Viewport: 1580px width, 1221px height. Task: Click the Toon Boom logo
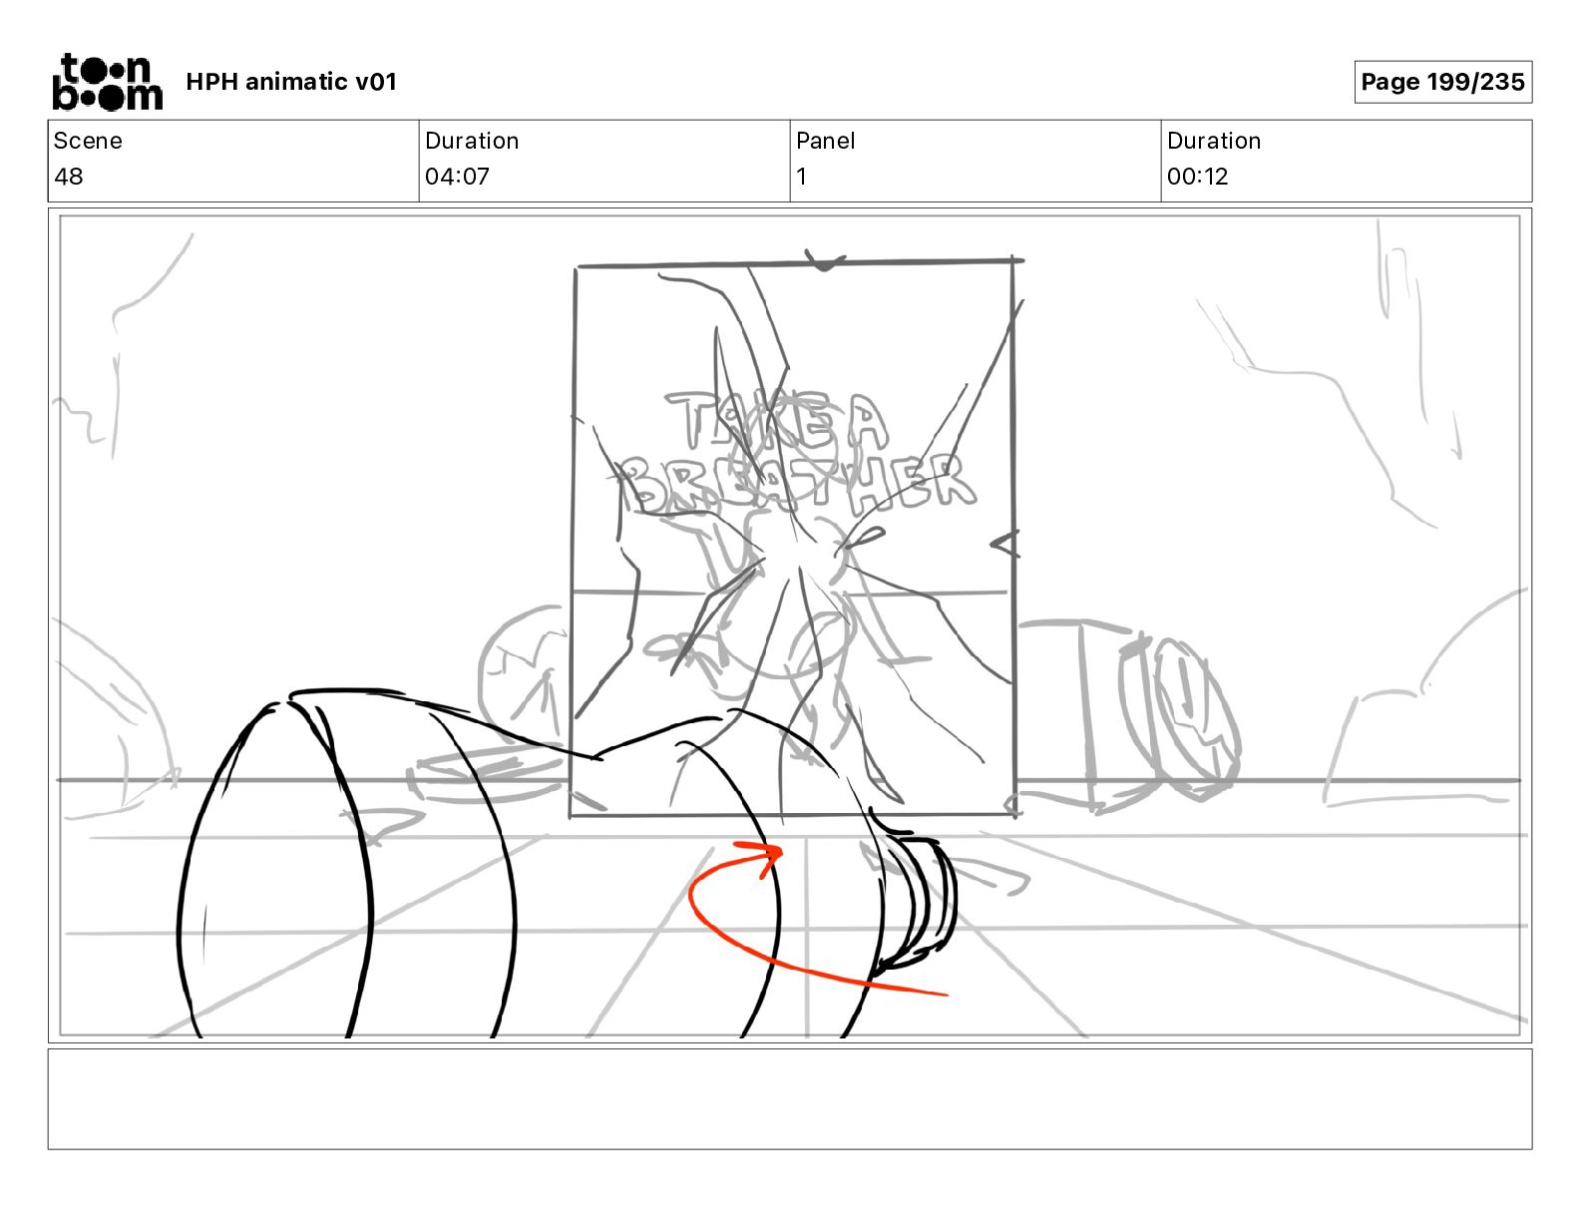point(108,82)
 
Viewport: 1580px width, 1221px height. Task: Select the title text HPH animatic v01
point(291,82)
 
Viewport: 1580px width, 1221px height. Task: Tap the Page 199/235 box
point(1442,82)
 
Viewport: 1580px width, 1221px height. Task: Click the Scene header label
point(88,141)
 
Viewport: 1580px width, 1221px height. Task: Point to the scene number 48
point(69,176)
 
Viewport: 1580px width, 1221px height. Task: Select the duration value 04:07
point(457,176)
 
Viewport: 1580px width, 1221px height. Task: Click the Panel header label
point(825,141)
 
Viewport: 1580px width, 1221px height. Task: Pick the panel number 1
point(801,176)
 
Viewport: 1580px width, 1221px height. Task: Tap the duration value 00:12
point(1197,176)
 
